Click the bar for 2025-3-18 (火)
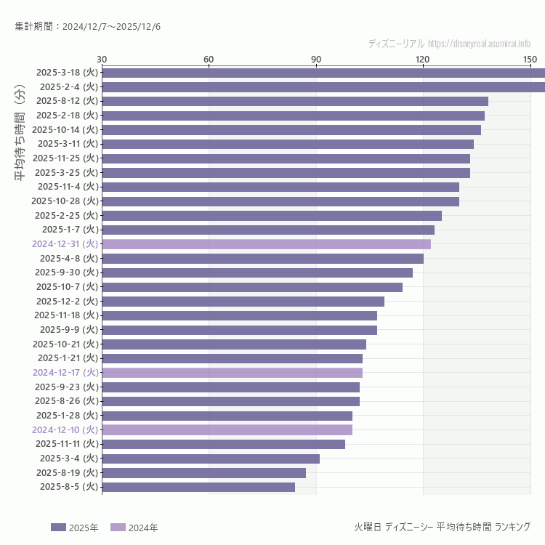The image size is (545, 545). pos(323,73)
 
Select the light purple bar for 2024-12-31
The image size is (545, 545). pos(266,244)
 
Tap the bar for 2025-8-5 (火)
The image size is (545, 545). pos(198,487)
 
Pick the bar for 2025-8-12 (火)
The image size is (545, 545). pos(295,101)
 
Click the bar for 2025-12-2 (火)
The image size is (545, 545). pos(243,301)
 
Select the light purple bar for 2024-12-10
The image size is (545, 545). pos(227,429)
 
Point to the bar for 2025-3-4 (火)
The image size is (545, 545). pos(211,459)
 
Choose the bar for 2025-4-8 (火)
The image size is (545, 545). pos(262,258)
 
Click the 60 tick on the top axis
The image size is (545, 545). pos(209,59)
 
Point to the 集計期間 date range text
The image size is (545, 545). pos(88,27)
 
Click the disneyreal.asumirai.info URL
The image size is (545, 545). pos(479,44)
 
